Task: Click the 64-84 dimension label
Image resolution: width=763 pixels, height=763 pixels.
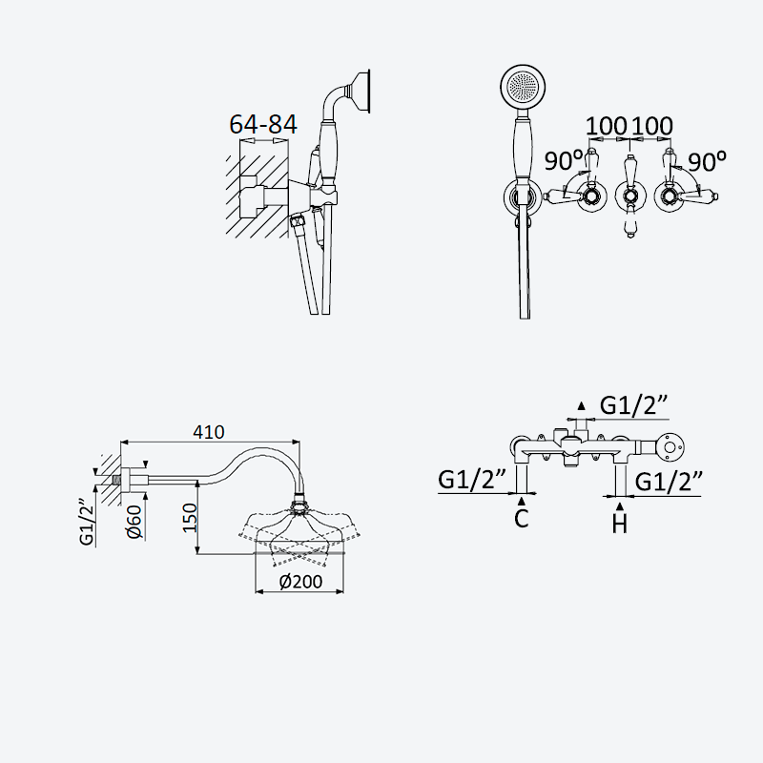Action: click(x=263, y=124)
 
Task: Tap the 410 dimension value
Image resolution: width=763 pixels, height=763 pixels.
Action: click(x=209, y=432)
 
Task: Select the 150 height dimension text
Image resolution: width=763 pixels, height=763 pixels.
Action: click(x=190, y=517)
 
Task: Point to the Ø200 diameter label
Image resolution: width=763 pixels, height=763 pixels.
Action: click(x=300, y=582)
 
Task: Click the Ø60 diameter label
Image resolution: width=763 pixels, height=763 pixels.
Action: click(x=134, y=522)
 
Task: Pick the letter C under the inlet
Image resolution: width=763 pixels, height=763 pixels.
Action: click(x=521, y=519)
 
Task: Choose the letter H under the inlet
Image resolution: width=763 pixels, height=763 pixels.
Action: click(x=619, y=524)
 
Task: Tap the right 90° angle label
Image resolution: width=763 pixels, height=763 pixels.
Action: click(x=708, y=161)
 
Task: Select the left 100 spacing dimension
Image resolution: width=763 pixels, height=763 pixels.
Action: click(x=606, y=126)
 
